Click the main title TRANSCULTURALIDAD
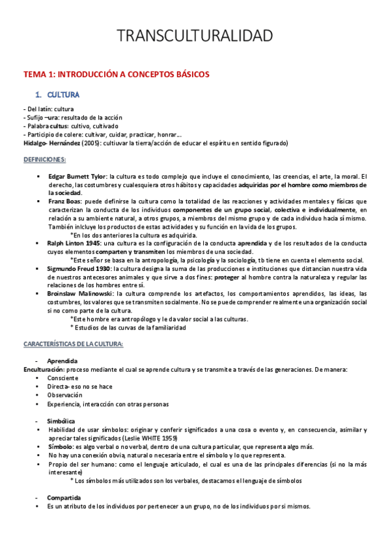[x=195, y=36]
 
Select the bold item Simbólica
[x=61, y=421]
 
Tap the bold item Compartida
[x=63, y=498]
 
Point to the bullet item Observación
[x=64, y=394]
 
